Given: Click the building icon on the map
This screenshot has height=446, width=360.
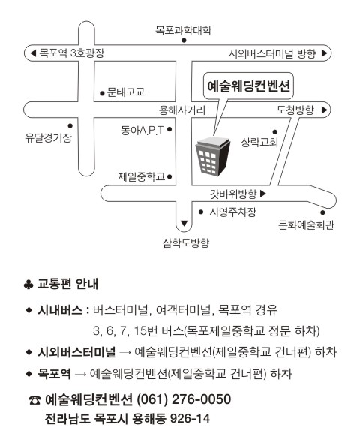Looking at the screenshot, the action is point(212,156).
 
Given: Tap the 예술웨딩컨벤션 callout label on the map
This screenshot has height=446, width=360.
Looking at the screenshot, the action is point(248,86).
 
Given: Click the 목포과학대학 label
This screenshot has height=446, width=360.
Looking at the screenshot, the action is point(183,30).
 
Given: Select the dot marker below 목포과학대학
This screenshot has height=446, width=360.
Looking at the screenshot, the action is point(184,41).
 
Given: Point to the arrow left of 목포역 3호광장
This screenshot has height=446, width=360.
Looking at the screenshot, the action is point(33,53).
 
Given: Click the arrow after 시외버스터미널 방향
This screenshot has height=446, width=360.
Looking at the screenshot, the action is point(325,53).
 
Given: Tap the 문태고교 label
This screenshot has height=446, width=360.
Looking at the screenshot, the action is point(126,92).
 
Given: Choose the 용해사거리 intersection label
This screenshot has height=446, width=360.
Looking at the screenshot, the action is point(182,110).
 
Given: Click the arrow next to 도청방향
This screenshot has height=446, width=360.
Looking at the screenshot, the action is point(325,110).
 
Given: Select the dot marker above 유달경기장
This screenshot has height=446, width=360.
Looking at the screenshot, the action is point(70,125).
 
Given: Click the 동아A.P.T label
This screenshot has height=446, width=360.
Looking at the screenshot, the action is point(142,131).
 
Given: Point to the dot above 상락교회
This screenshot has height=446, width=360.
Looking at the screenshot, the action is point(274,132).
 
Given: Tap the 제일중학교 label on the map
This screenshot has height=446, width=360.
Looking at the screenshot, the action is point(142,177).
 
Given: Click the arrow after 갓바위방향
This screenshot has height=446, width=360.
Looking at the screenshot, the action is point(262,194).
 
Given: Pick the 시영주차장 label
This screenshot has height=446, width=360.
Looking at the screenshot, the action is point(232,212).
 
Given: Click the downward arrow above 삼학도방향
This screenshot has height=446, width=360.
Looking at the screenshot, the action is point(184,223).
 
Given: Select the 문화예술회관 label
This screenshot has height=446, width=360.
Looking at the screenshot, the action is point(306,225).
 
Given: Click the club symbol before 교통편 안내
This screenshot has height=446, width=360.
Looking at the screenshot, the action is point(28,284).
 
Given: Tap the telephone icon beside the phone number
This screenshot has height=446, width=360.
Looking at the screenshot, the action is point(34,400).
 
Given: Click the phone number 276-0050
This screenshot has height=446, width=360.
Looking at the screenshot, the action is point(201,399).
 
